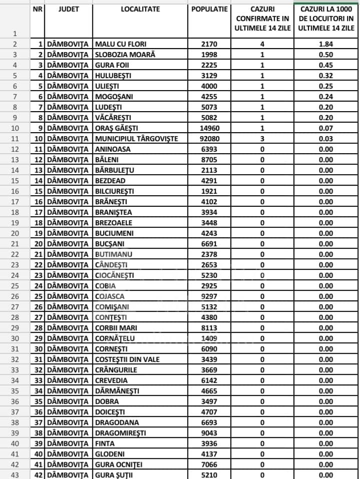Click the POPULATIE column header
click(209, 9)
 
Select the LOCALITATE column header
click(140, 9)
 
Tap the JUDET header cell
click(69, 9)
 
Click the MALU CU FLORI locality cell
click(121, 44)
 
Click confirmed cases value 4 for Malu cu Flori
click(262, 44)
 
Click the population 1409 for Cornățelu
click(209, 338)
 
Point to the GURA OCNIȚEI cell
click(119, 464)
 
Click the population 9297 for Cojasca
click(209, 296)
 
